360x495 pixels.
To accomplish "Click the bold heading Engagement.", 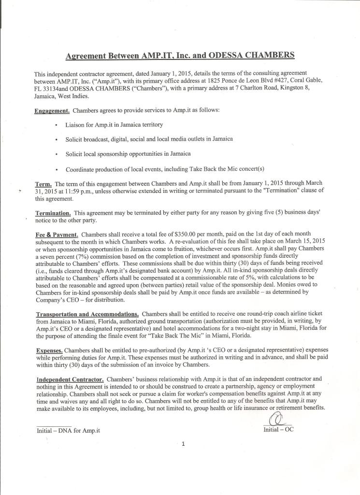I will (52, 111).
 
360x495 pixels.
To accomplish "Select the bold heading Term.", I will (43, 184).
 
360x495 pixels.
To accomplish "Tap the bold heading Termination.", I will (53, 213).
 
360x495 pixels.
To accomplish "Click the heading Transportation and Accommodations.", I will (87, 314).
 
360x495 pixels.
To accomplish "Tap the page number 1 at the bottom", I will (183, 445).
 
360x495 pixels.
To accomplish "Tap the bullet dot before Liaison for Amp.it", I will (58, 125).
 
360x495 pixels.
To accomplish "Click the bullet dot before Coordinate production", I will (58, 170).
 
